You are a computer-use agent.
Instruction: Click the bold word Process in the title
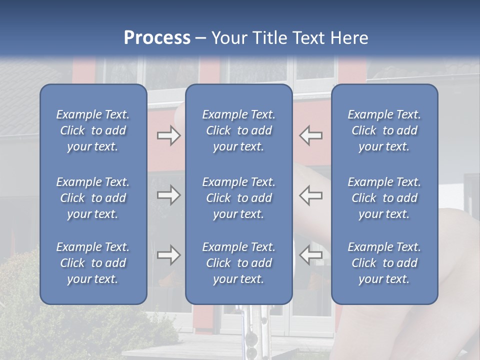157,38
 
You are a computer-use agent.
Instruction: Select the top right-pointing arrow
169,135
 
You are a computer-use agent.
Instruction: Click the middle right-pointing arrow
169,195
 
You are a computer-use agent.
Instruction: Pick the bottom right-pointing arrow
169,255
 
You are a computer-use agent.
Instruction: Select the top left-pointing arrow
311,135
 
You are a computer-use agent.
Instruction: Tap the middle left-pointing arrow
311,195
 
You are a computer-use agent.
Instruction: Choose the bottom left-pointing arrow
311,255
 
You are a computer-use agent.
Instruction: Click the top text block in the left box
93,130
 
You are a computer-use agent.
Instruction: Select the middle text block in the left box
93,198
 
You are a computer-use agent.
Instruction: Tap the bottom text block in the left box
93,263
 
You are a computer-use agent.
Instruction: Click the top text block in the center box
238,130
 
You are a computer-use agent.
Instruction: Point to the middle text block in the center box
238,198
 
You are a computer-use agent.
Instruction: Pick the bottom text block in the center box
238,263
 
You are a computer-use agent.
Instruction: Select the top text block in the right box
384,130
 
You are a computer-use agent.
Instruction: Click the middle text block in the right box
384,198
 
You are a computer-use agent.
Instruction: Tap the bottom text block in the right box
384,263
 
